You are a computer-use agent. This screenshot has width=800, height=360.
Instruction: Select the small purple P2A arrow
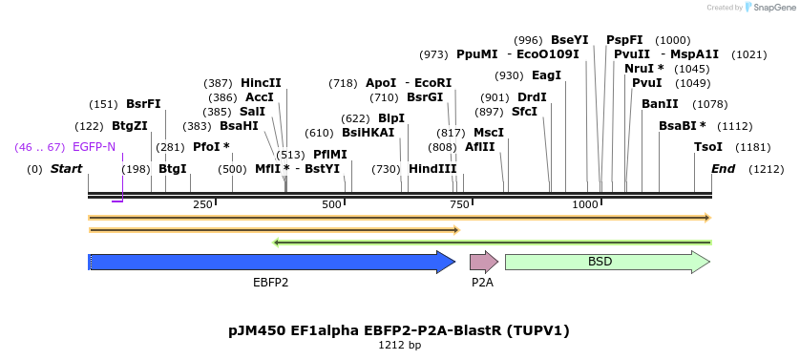pos(483,262)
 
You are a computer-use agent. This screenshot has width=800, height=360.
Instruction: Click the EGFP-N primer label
pos(94,147)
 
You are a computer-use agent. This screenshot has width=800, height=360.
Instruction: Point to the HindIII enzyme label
pos(432,169)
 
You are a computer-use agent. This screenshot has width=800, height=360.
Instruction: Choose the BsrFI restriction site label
pos(143,104)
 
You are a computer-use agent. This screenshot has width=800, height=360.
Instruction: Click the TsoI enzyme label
pos(708,147)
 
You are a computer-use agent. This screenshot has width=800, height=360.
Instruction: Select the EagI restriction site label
pos(546,75)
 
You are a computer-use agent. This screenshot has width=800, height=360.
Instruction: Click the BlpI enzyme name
pos(391,118)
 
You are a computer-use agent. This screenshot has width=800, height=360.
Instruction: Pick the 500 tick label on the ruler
pos(332,204)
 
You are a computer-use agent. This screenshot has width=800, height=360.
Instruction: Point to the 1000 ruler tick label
pos(585,204)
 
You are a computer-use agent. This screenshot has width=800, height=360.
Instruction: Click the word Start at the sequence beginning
pos(66,169)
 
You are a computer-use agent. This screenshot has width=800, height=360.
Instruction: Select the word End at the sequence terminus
pos(724,169)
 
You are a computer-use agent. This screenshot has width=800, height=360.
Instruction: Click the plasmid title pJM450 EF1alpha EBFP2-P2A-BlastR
pos(399,330)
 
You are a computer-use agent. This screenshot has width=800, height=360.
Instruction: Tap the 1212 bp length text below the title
pos(399,346)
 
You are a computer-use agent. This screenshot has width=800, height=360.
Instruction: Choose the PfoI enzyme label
pos(211,147)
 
